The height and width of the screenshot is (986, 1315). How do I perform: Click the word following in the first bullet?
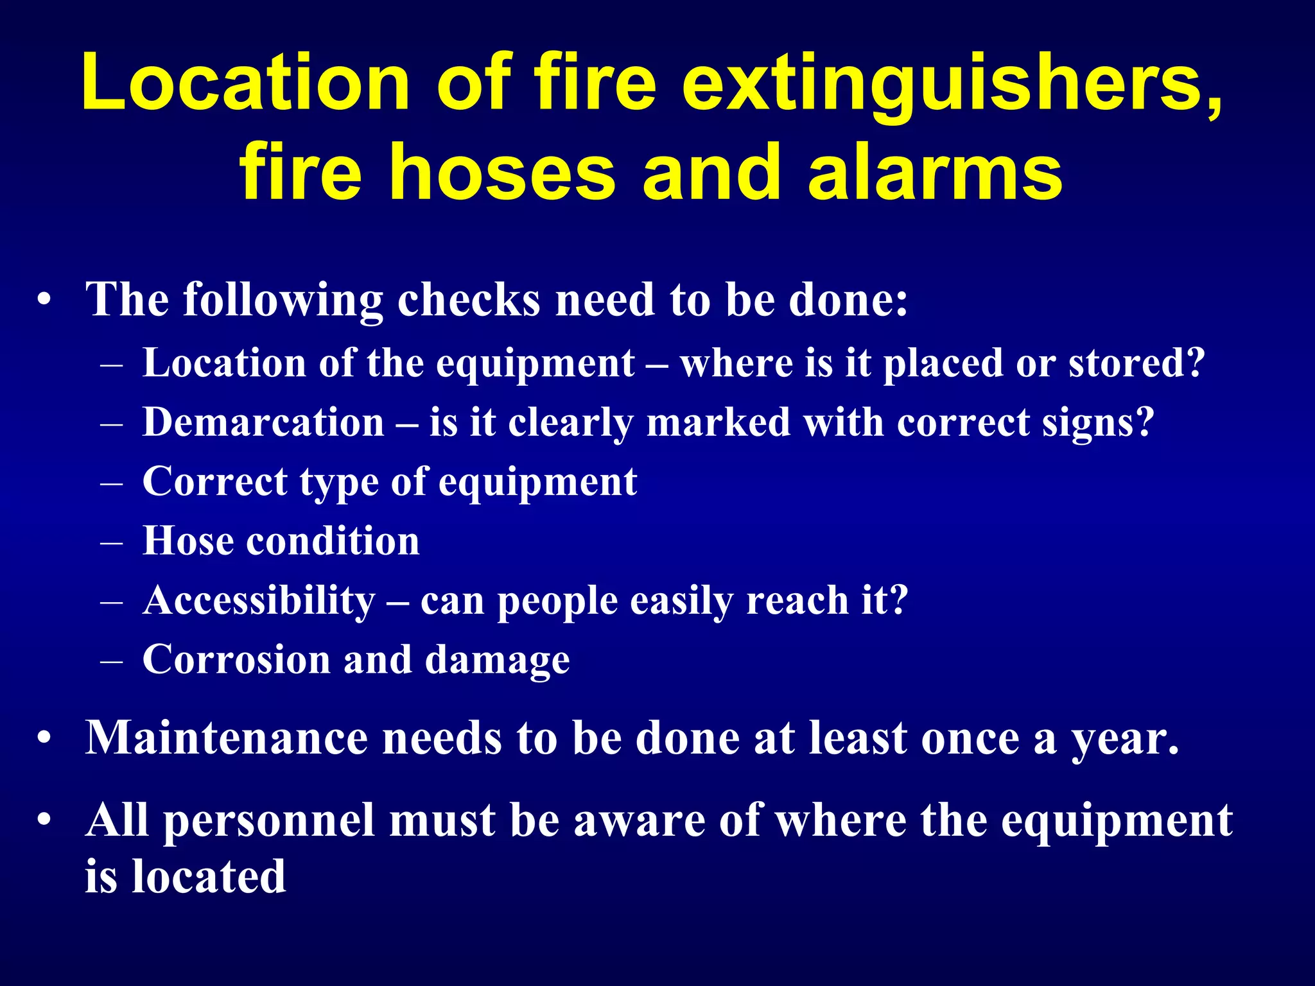(x=283, y=300)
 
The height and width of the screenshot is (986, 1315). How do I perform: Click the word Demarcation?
(x=263, y=423)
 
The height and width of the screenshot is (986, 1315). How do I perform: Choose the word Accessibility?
(x=259, y=601)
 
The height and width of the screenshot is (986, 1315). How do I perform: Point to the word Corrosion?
(x=236, y=659)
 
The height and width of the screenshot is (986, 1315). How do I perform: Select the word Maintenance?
(x=226, y=738)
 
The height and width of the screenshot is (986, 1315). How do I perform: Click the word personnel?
(x=269, y=822)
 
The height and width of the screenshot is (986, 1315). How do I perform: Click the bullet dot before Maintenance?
(x=44, y=739)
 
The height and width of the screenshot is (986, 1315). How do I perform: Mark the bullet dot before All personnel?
(x=44, y=821)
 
